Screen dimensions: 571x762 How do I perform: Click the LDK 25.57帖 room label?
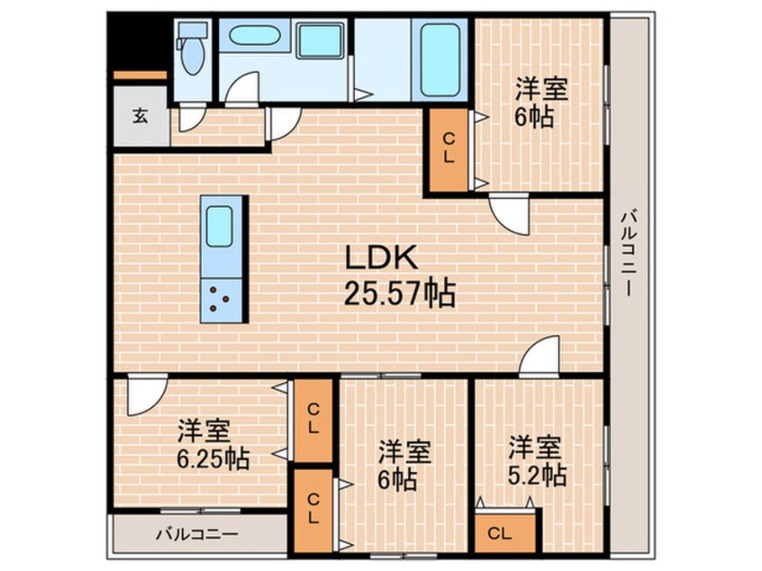394,276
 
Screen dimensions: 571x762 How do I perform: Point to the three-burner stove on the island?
222,298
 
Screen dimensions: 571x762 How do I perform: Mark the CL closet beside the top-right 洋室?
448,149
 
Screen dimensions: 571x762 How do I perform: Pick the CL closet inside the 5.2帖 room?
503,532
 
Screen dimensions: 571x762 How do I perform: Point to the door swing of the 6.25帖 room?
144,397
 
